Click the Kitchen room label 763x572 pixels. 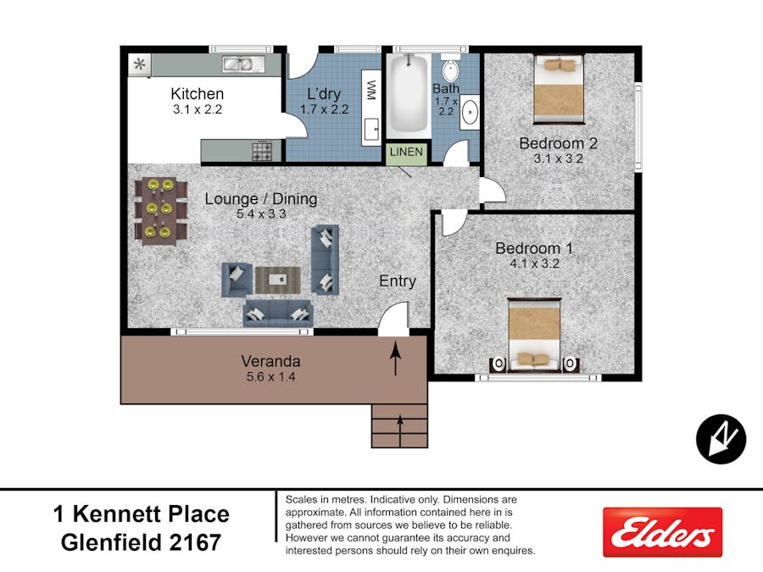point(197,94)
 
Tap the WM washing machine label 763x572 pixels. point(370,91)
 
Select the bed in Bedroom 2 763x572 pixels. point(559,87)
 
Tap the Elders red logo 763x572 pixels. point(662,532)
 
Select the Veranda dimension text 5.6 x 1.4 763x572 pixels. point(270,377)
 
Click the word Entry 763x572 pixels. point(397,280)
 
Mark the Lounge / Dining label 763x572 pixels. point(261,199)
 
